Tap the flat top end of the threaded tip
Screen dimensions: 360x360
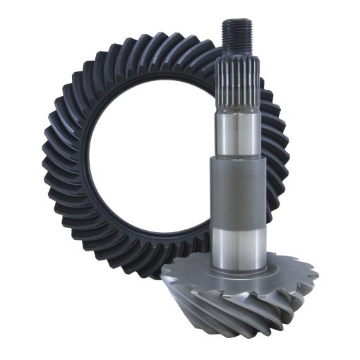tap(235, 22)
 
